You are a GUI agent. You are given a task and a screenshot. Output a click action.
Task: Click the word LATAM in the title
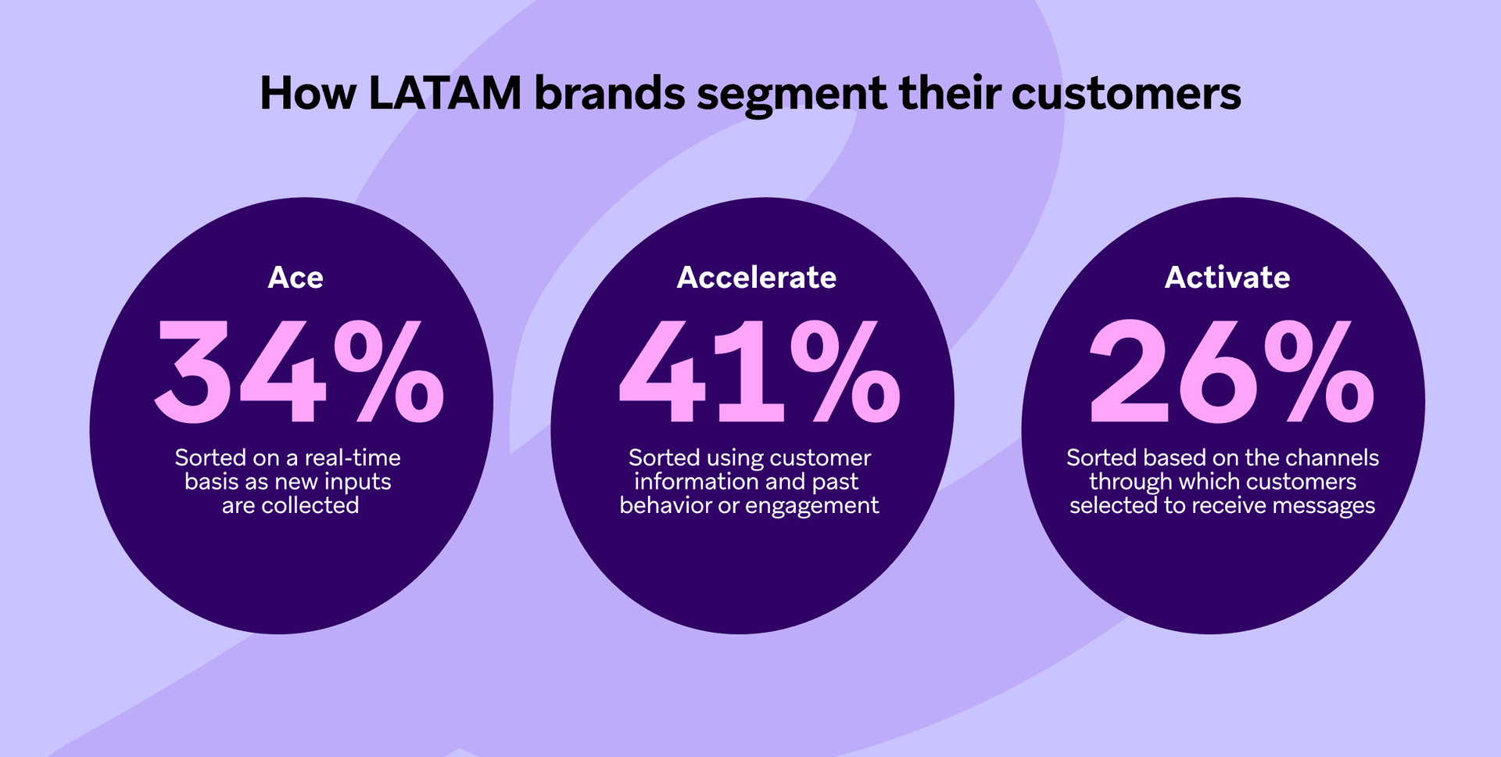pyautogui.click(x=445, y=93)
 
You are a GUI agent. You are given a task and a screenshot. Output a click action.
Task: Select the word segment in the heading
pyautogui.click(x=791, y=96)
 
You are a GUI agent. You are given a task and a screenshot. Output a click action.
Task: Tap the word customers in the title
pyautogui.click(x=1126, y=95)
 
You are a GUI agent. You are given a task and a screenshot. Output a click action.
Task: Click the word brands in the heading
pyautogui.click(x=609, y=93)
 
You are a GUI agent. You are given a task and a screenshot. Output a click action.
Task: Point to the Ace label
pyautogui.click(x=296, y=278)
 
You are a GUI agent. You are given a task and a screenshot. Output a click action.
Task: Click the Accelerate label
pyautogui.click(x=757, y=278)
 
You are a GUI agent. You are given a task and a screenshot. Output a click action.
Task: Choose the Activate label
pyautogui.click(x=1227, y=278)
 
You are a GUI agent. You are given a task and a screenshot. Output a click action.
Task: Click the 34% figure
pyautogui.click(x=299, y=371)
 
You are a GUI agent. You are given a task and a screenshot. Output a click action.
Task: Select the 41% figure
pyautogui.click(x=760, y=371)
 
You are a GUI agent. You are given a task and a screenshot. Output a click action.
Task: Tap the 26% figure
pyautogui.click(x=1231, y=371)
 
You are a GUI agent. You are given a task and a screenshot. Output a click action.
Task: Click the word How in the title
pyautogui.click(x=308, y=93)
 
